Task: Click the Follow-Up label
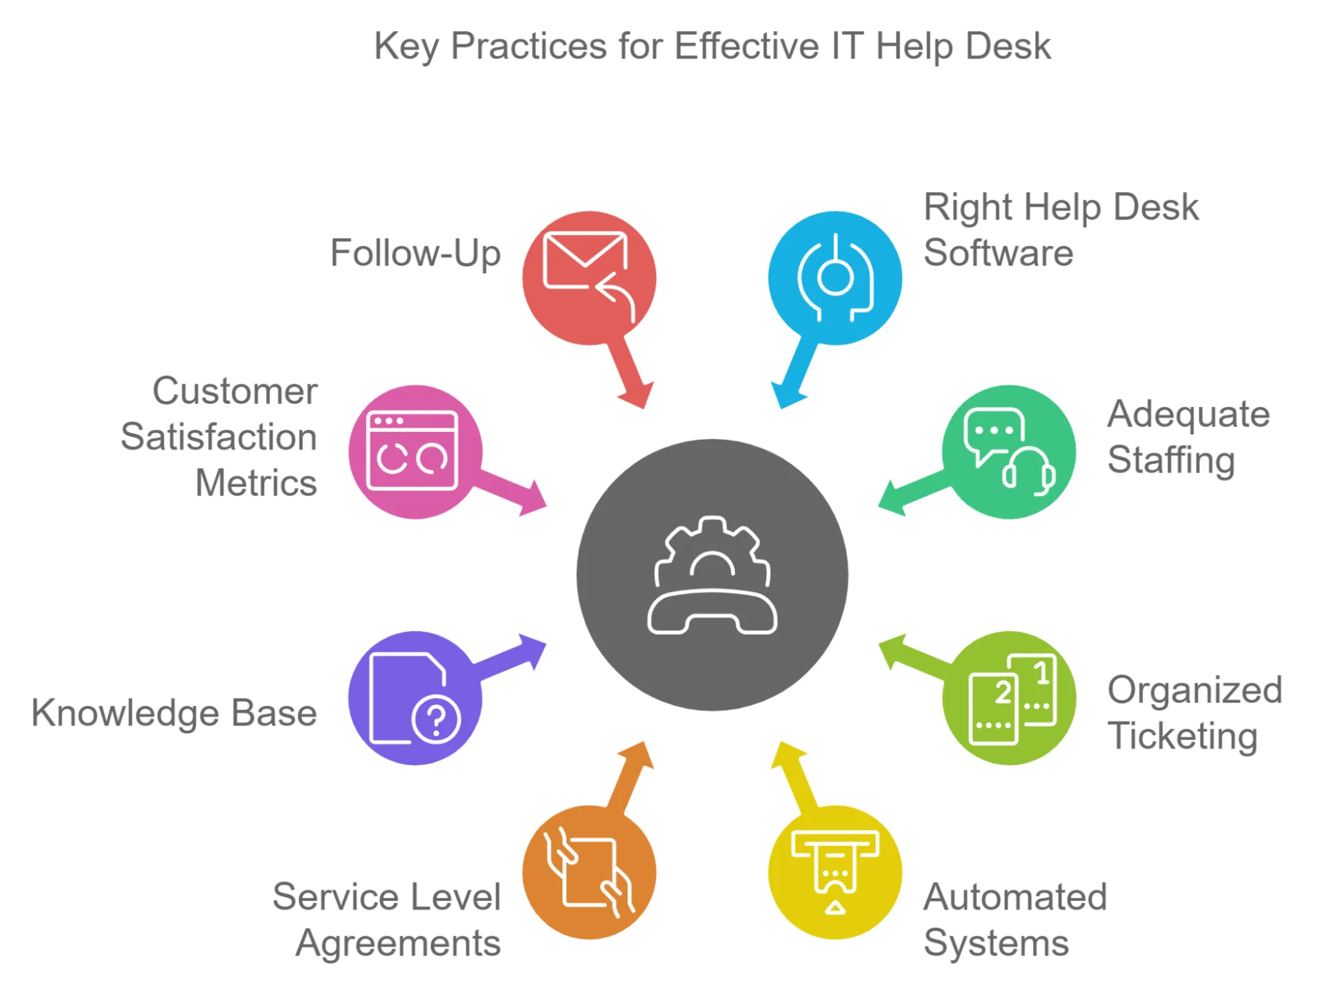[x=415, y=254]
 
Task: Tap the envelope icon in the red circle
[x=585, y=260]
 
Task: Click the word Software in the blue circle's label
[x=998, y=253]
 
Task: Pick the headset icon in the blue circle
[x=835, y=278]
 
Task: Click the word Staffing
[x=1170, y=460]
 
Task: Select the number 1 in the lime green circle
[x=1042, y=673]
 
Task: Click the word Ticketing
[x=1182, y=736]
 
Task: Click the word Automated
[x=1014, y=897]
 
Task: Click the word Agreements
[x=398, y=944]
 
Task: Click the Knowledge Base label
[x=174, y=713]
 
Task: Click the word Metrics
[x=255, y=483]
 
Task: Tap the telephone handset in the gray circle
[x=712, y=613]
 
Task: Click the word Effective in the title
[x=747, y=47]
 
